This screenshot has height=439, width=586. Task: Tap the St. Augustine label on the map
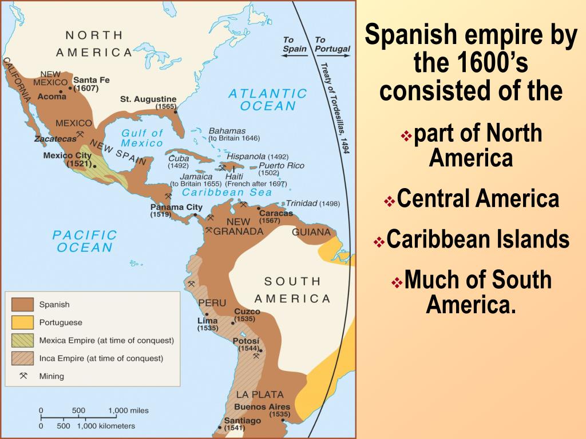pyautogui.click(x=148, y=99)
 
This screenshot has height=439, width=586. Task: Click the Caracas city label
pyautogui.click(x=276, y=213)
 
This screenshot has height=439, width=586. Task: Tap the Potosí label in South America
pyautogui.click(x=246, y=341)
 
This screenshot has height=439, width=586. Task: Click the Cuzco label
pyautogui.click(x=247, y=312)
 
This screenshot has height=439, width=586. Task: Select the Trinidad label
pyautogui.click(x=302, y=203)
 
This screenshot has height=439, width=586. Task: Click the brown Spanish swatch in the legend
pyautogui.click(x=21, y=305)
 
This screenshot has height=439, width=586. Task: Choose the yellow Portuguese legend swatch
pyautogui.click(x=21, y=322)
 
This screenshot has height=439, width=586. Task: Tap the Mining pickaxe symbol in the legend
pyautogui.click(x=23, y=376)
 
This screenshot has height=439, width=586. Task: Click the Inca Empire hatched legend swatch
pyautogui.click(x=21, y=358)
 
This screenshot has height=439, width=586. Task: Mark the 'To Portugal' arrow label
pyautogui.click(x=332, y=45)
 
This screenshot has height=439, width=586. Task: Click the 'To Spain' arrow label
pyautogui.click(x=295, y=45)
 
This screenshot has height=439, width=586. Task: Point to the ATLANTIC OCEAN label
pyautogui.click(x=268, y=99)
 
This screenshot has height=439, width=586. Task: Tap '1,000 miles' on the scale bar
pyautogui.click(x=128, y=410)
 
